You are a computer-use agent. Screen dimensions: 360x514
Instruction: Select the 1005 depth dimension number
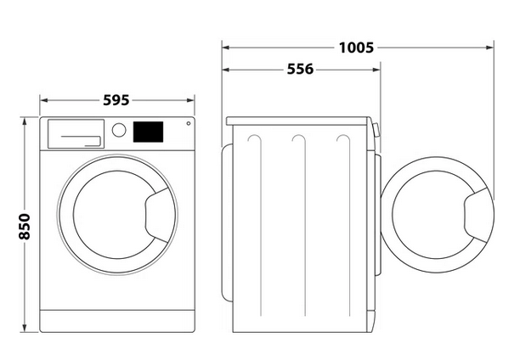click(355, 48)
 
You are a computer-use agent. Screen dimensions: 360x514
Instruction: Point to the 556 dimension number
click(300, 70)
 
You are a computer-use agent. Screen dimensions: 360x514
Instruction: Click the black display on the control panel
click(149, 132)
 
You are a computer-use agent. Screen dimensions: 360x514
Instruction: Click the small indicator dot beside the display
click(188, 124)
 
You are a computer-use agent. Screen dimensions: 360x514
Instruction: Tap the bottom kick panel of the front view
click(117, 320)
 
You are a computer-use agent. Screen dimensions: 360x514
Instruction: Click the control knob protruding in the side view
click(377, 132)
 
